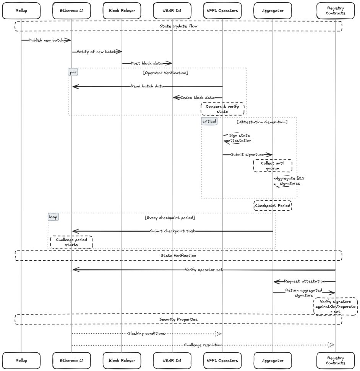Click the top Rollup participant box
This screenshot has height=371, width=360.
click(x=21, y=11)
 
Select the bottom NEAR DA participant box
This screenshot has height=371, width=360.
click(x=172, y=360)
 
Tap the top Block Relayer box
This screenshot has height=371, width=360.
click(x=122, y=11)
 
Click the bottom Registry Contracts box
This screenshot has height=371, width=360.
click(x=336, y=360)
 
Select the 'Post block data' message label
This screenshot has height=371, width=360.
click(x=147, y=63)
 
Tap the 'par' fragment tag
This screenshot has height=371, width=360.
click(x=73, y=72)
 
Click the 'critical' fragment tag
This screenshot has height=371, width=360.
click(x=209, y=121)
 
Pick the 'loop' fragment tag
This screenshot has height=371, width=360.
click(x=53, y=217)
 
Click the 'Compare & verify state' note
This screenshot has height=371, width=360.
click(x=222, y=109)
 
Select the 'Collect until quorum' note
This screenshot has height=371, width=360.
click(x=272, y=166)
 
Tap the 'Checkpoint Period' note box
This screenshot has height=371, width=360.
click(x=272, y=206)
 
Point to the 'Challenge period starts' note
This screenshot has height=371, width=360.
click(x=71, y=242)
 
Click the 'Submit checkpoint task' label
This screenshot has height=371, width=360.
click(x=172, y=231)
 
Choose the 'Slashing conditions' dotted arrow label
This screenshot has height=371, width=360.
click(x=147, y=333)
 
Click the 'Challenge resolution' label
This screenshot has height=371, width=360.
click(x=203, y=345)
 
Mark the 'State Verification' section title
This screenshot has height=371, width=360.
click(x=178, y=255)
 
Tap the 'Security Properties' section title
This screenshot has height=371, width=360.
click(x=178, y=319)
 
